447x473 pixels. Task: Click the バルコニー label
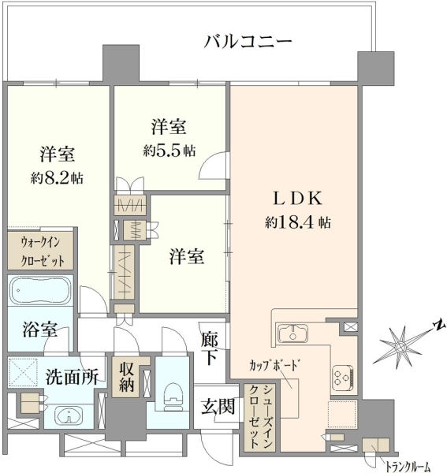point(248,42)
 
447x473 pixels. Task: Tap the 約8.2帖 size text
point(57,179)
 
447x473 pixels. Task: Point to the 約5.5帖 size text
point(169,151)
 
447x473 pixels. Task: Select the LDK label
point(298,199)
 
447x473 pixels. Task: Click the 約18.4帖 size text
point(298,222)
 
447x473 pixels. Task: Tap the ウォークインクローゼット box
point(40,251)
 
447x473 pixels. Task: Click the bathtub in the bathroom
point(40,291)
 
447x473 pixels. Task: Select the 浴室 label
point(40,329)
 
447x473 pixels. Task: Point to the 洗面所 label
point(72,377)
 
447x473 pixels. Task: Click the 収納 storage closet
point(126,377)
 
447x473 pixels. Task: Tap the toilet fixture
point(173,397)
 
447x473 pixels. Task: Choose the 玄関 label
point(218,407)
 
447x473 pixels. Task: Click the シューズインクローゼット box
point(259,418)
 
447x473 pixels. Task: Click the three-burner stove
point(343,378)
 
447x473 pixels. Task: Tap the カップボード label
point(275,366)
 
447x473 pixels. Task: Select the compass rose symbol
point(401,346)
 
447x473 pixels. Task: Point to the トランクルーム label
point(408,467)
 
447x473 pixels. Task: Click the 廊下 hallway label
point(210,348)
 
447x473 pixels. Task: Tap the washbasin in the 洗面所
point(69,416)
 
